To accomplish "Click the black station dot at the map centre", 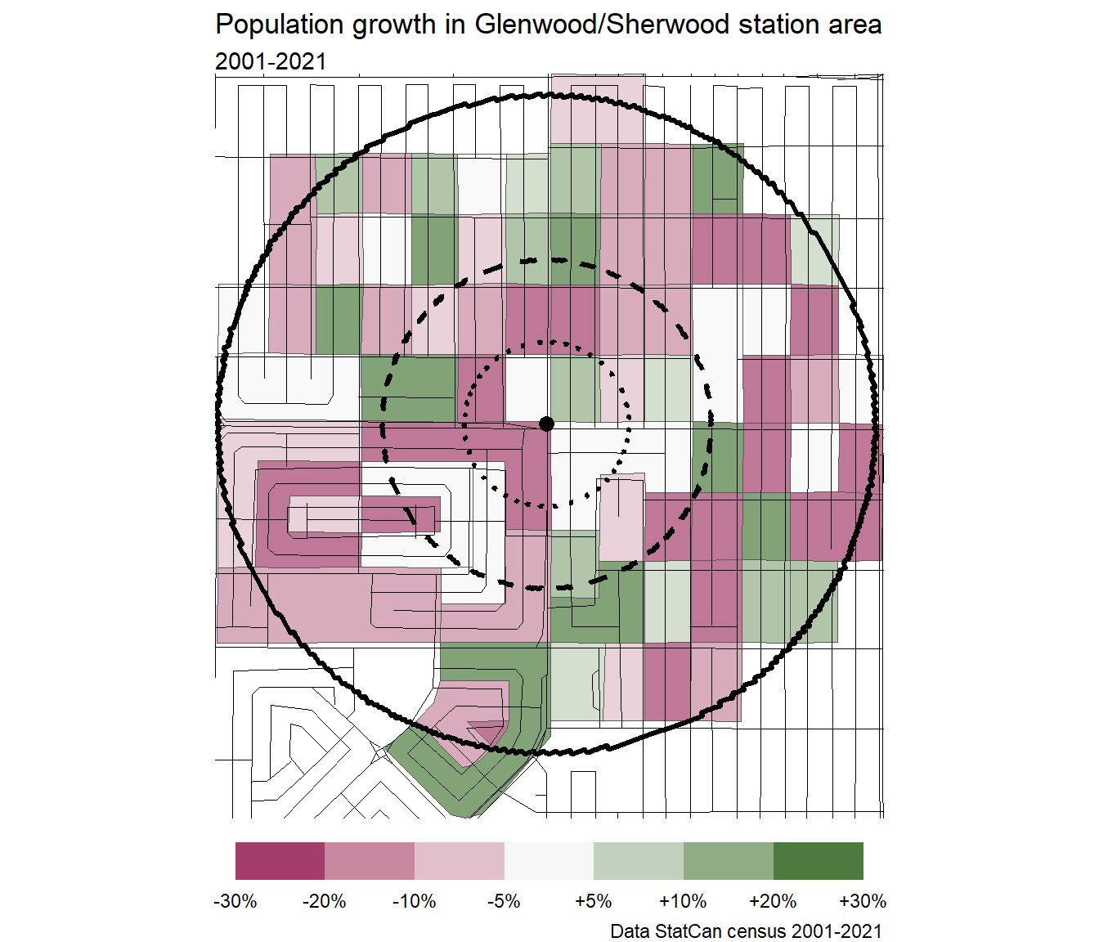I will (547, 424).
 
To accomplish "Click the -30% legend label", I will (235, 901).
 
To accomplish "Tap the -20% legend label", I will (325, 901).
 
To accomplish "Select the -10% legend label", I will (415, 901).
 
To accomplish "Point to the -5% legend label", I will (504, 901).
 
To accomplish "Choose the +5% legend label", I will (594, 901).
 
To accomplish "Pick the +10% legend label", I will (683, 901).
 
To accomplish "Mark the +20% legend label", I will (773, 901).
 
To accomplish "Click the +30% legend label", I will (863, 901).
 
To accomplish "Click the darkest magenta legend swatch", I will (280, 861).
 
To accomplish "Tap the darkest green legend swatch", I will (818, 861).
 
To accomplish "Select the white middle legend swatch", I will (549, 861).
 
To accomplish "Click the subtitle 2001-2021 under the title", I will (271, 61).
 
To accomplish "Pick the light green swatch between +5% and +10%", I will (639, 861).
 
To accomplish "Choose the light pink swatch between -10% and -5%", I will (459, 861).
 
